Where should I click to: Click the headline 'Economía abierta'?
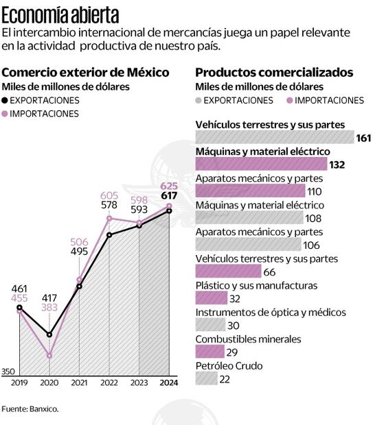[x=60, y=14]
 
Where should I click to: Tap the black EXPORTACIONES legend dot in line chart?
[x=6, y=100]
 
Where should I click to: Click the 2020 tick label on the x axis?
[x=49, y=382]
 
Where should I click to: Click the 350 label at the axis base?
[x=8, y=371]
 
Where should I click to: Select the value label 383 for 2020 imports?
[x=49, y=308]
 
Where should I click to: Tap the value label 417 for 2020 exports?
[x=49, y=297]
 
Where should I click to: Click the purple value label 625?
[x=169, y=186]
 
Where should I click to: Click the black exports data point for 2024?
[x=169, y=210]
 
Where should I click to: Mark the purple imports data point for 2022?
[x=109, y=219]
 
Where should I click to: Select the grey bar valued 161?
[x=274, y=138]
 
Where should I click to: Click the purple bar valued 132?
[x=261, y=164]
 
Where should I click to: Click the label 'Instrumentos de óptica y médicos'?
[x=271, y=313]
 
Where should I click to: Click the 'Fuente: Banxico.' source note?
[x=30, y=409]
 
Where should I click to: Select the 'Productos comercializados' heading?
[x=274, y=73]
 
